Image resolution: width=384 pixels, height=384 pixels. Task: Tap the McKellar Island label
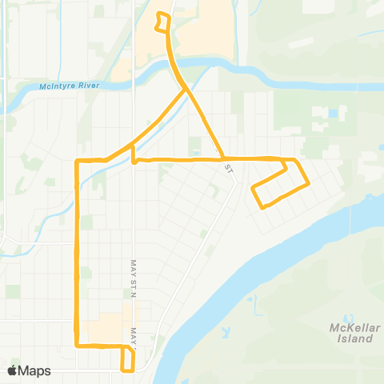coord(351,333)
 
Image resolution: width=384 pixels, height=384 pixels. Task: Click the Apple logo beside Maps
coord(13,371)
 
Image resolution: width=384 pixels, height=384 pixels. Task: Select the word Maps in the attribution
coord(34,371)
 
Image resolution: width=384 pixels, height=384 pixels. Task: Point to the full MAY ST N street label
coord(134,277)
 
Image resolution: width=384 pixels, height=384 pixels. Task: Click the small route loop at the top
coord(163,22)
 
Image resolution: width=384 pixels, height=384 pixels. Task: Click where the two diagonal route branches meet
coord(189,90)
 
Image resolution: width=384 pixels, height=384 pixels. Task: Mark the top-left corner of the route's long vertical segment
coord(77,161)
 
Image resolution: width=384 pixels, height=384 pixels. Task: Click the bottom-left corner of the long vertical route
coord(77,346)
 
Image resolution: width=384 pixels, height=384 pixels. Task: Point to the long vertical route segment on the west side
coord(77,256)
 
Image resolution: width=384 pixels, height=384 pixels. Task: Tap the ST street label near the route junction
coord(228,169)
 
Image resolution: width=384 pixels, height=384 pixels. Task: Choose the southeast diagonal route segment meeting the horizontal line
coord(206,124)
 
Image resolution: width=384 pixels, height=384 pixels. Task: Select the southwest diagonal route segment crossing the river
coord(160,120)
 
